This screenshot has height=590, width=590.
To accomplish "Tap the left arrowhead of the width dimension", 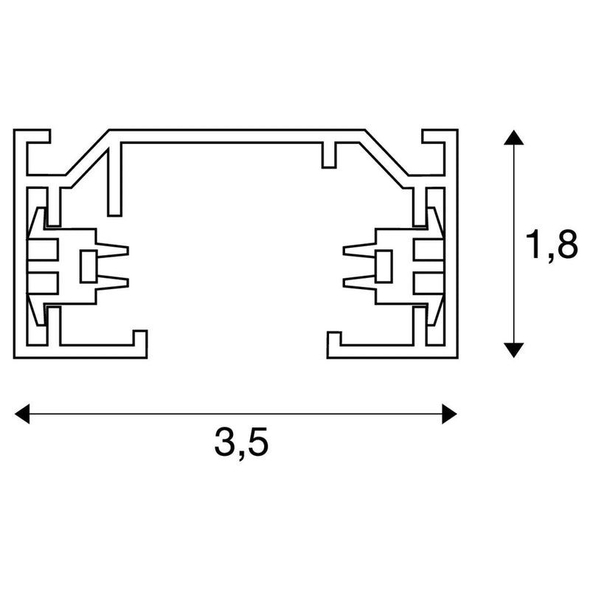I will coord(22,414).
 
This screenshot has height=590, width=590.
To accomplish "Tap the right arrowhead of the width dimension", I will coord(448,414).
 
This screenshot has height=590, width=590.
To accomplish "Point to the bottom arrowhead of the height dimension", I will coord(514,350).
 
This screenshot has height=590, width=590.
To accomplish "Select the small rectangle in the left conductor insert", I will coord(88,265).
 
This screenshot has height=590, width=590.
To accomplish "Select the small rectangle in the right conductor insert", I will coord(383,265).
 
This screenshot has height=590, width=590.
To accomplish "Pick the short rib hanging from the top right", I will coord(329,155).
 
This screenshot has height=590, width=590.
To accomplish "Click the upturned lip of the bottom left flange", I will coord(139,338).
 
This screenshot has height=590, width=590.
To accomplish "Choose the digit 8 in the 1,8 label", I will coord(566,246).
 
